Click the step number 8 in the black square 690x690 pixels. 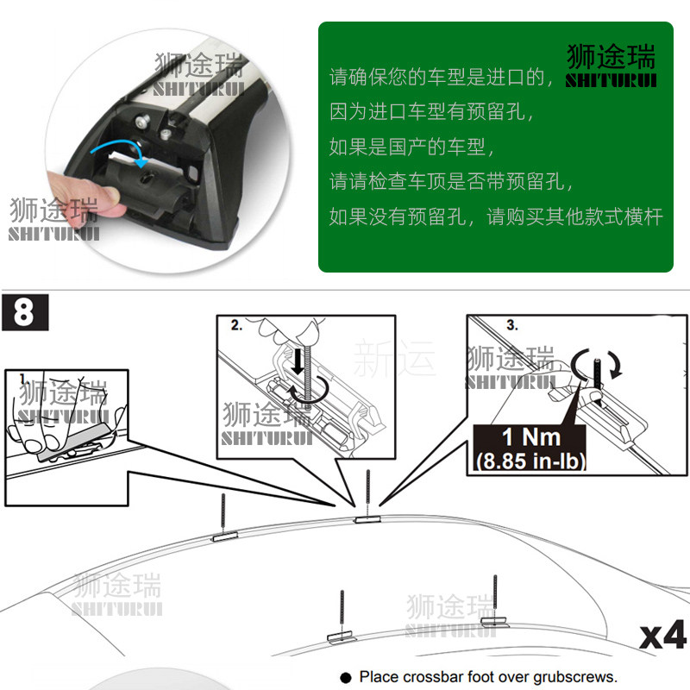[x=23, y=311]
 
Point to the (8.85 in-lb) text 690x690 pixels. [x=530, y=461]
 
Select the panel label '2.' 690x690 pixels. [x=237, y=326]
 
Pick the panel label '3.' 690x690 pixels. [x=511, y=326]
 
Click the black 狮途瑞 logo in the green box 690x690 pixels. [x=611, y=66]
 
